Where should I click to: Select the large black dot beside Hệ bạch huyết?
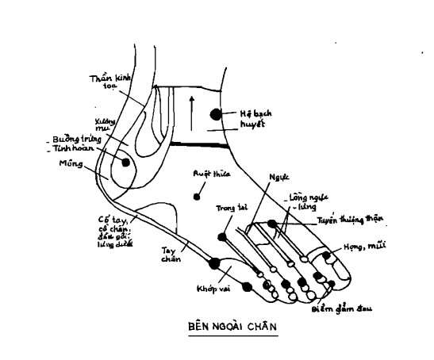click(x=216, y=116)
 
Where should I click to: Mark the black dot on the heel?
click(x=124, y=162)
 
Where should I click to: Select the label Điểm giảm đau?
click(x=343, y=304)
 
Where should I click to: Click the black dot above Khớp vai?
click(x=213, y=262)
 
